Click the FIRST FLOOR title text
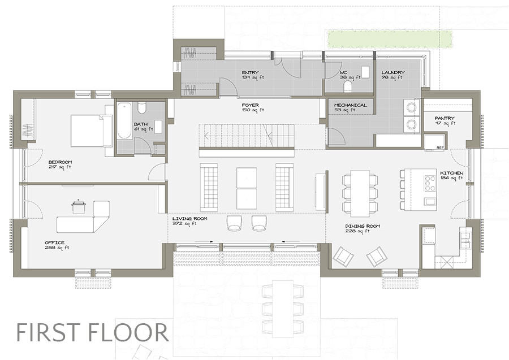coord(92,332)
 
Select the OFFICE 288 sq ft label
coord(57,245)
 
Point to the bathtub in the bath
coord(125,120)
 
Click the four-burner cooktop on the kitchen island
coord(430,184)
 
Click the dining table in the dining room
coord(360,193)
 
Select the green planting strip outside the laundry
coord(390,38)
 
